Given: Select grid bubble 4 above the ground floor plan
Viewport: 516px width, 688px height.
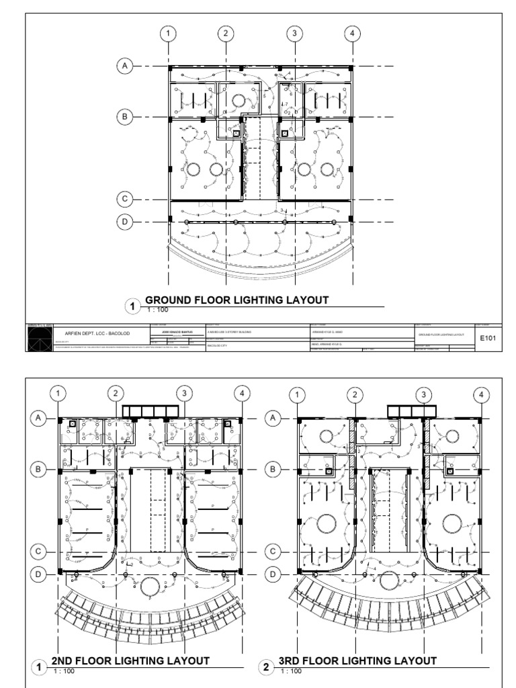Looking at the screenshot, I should (351, 33).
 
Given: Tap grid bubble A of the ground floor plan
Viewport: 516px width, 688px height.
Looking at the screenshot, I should (124, 66).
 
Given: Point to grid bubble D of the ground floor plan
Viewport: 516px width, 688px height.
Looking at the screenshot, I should (124, 220).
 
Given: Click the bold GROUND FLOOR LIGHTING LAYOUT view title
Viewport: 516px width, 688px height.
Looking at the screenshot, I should (237, 300).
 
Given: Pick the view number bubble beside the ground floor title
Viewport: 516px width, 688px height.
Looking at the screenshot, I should (132, 308).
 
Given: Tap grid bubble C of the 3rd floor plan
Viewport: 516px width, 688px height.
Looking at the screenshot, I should (273, 551).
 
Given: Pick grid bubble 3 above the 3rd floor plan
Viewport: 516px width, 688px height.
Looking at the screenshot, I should (423, 394).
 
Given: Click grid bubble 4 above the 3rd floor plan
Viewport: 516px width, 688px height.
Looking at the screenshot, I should (481, 394).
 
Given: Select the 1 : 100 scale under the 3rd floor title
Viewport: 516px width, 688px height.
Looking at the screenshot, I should (292, 671).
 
